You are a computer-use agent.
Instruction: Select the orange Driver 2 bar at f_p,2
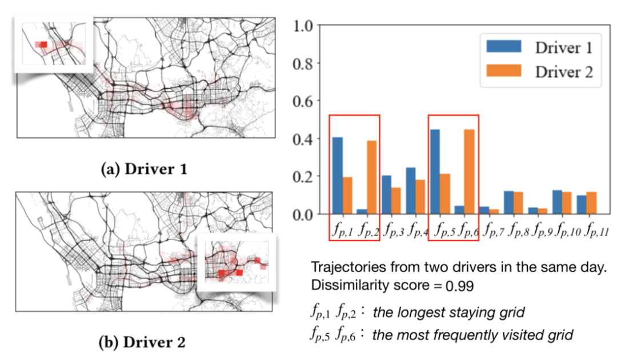(371, 177)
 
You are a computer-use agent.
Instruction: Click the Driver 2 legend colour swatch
(503, 71)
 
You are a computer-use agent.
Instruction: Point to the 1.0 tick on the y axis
(303, 26)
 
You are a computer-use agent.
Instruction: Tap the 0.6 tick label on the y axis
(303, 101)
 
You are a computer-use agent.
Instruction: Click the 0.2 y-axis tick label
(303, 177)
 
